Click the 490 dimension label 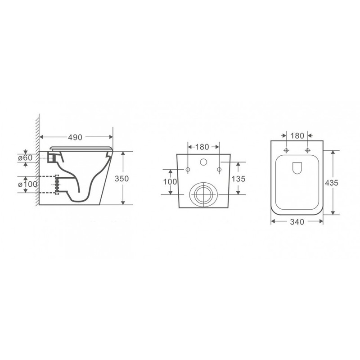[75, 137]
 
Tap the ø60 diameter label [26, 158]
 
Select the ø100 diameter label [27, 184]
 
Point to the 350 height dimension [121, 179]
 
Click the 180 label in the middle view [202, 147]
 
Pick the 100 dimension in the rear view [170, 182]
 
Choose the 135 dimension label [238, 179]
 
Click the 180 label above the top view [297, 136]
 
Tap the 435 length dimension [332, 183]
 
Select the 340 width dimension [297, 222]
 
